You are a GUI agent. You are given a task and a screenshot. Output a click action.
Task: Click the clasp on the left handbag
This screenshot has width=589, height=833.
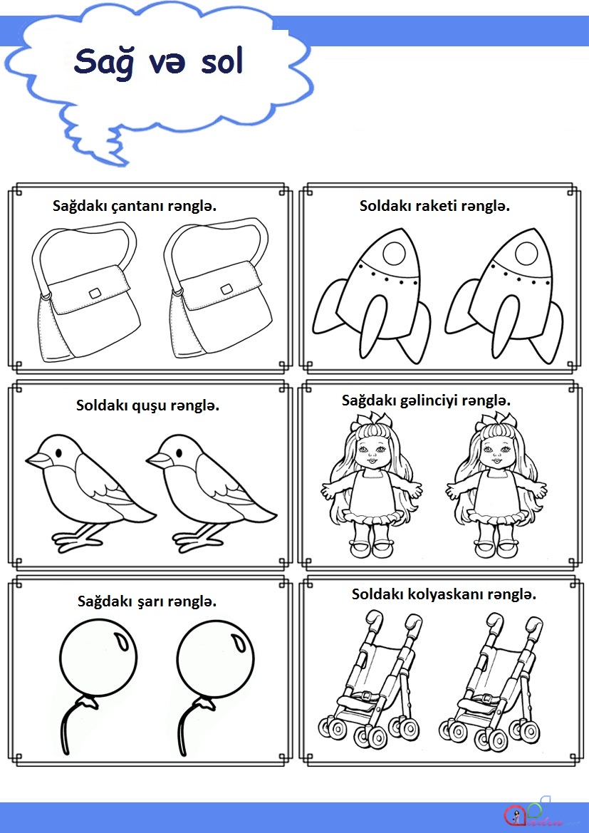[x=95, y=294]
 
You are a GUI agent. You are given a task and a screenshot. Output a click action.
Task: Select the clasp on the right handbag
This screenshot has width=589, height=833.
[x=226, y=289]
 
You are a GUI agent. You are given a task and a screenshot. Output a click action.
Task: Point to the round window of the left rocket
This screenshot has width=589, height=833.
[x=395, y=254]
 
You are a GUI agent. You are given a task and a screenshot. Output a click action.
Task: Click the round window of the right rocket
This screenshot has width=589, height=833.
[x=526, y=254]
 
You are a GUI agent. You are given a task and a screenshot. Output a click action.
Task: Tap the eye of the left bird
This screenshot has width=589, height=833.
[x=58, y=452]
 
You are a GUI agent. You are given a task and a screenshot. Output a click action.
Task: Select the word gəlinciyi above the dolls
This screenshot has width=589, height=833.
[x=427, y=401]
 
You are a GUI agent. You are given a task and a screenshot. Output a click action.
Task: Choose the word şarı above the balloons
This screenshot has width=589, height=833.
[x=150, y=602]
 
